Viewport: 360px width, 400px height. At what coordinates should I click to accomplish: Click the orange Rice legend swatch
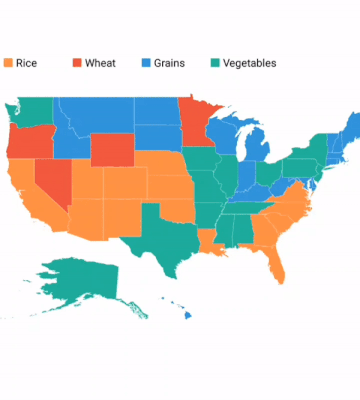click(x=8, y=63)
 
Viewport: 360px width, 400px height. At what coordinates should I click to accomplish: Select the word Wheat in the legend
click(x=100, y=63)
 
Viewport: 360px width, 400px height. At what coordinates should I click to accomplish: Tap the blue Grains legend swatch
click(x=145, y=63)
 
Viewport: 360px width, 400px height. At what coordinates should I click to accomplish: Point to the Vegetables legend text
click(x=249, y=63)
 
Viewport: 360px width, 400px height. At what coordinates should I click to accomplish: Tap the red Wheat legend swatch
click(x=76, y=63)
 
